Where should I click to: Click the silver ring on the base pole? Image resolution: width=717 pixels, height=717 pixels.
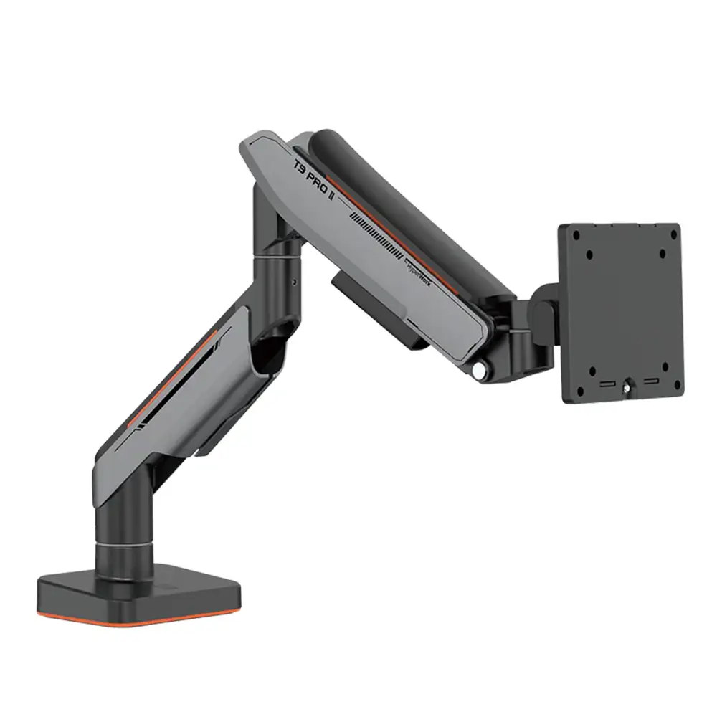point(122,549)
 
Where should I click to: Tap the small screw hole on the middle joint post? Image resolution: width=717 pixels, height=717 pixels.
point(294,282)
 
